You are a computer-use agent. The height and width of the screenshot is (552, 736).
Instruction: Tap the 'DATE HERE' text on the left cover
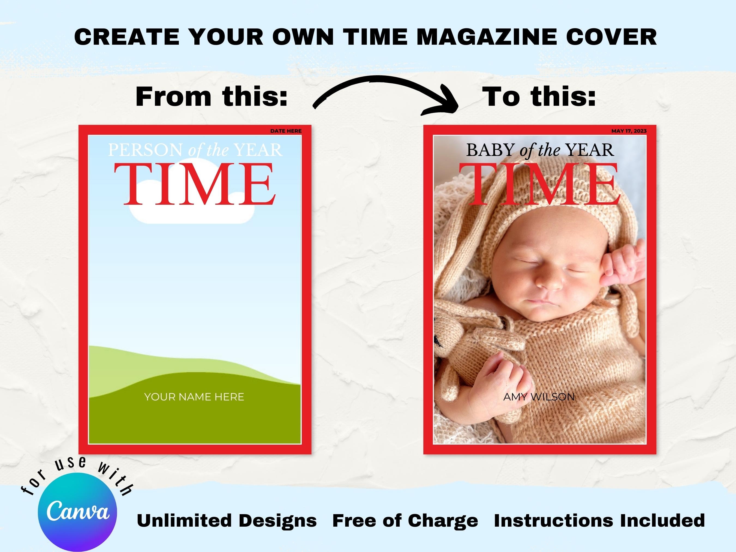click(x=286, y=131)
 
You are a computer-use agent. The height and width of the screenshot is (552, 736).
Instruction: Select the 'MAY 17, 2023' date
click(x=629, y=131)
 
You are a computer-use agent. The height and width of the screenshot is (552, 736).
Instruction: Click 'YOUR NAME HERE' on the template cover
click(x=194, y=397)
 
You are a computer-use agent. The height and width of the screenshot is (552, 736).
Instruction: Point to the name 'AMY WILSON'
click(x=539, y=397)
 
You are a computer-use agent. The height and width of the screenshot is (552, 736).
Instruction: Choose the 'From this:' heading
click(x=212, y=96)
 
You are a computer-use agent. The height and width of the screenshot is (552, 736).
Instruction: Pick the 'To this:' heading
click(x=539, y=96)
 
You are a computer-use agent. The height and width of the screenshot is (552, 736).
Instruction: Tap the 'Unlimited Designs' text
click(x=227, y=520)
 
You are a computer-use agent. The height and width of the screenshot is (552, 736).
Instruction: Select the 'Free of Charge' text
click(x=405, y=520)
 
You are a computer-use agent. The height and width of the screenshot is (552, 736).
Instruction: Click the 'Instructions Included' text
click(x=599, y=520)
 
